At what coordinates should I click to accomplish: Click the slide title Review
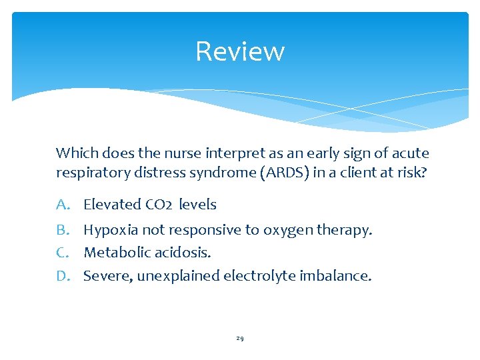(x=240, y=51)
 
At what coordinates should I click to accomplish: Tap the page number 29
(x=240, y=339)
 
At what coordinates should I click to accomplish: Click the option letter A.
(x=63, y=205)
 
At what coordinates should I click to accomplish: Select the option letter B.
(x=63, y=230)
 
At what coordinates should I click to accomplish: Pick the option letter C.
(x=63, y=253)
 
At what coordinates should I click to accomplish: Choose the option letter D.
(x=63, y=275)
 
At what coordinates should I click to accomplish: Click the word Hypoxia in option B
(x=109, y=230)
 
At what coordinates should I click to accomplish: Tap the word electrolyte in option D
(x=254, y=275)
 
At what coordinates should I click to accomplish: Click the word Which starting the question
(x=74, y=153)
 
